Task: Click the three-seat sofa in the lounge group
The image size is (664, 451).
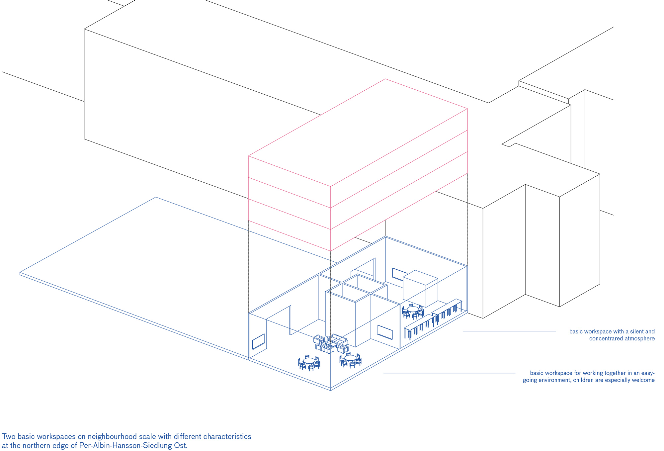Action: pyautogui.click(x=337, y=340)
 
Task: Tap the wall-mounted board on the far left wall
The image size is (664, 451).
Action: pyautogui.click(x=258, y=341)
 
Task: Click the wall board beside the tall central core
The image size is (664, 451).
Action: pyautogui.click(x=385, y=332)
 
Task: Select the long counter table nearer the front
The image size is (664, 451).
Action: pyautogui.click(x=419, y=326)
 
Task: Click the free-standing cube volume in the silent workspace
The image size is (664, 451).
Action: pyautogui.click(x=420, y=288)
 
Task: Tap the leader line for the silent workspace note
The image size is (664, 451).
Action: pyautogui.click(x=510, y=331)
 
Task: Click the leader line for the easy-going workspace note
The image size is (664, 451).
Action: pyautogui.click(x=450, y=373)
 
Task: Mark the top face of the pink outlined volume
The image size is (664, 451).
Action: pyautogui.click(x=358, y=133)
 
